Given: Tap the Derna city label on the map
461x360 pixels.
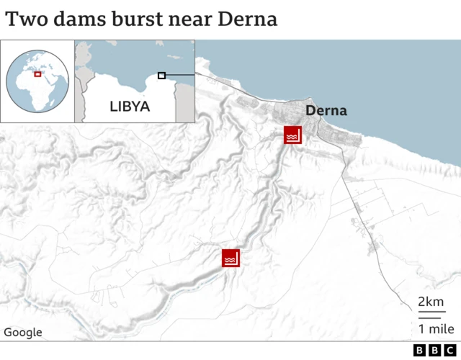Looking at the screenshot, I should coord(326,111).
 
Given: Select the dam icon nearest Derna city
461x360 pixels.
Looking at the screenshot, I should coord(292,135).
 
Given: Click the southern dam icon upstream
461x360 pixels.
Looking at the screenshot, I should coord(230,258).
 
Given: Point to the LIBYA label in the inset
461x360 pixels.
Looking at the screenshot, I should coord(130,107).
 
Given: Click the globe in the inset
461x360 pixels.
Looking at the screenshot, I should coord(37,81).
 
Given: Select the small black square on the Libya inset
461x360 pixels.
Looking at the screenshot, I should coord(162,76).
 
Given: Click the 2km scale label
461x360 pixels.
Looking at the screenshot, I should coord(431,302).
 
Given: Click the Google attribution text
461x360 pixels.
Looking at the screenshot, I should coord(23,333).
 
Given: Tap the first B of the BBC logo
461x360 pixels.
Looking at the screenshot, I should coord(420,350).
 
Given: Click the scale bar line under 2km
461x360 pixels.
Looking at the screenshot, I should coord(430,315).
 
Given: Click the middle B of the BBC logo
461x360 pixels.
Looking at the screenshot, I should coord(434,350).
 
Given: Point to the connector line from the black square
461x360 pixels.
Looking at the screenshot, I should coord(180,75).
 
